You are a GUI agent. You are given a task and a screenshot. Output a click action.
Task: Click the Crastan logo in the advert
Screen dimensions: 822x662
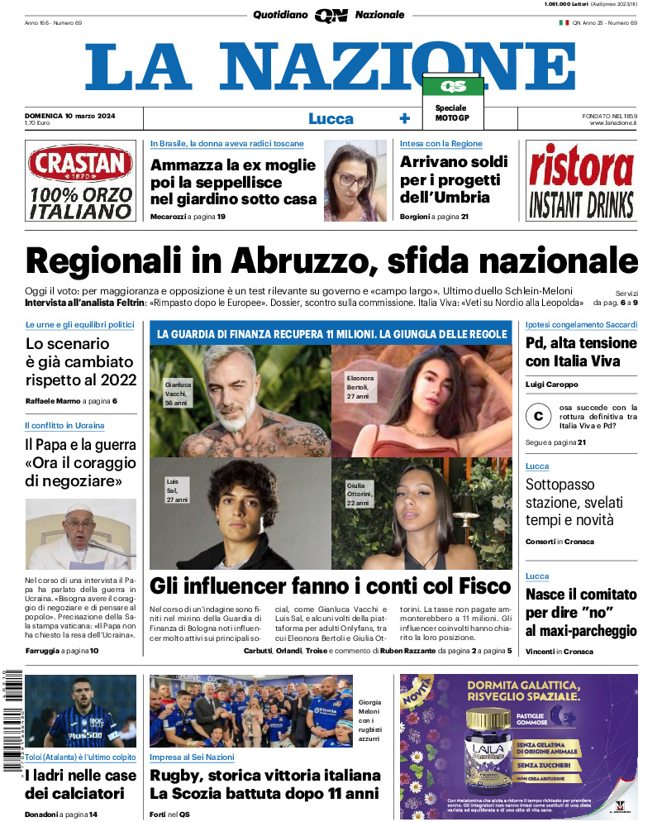coord(80,164)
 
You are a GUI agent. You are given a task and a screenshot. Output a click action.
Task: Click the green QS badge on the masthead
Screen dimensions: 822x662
coord(452,87)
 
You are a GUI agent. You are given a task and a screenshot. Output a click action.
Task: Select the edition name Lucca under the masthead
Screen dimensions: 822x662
coord(331,118)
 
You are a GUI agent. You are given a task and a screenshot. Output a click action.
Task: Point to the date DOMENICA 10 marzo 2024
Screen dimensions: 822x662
coord(69,115)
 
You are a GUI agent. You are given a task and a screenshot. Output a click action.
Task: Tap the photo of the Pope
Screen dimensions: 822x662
coord(80,534)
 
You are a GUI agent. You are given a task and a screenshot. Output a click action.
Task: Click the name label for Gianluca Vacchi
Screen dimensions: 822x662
coord(178,394)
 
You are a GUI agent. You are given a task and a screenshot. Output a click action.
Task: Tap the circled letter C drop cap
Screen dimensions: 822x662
coord(539,417)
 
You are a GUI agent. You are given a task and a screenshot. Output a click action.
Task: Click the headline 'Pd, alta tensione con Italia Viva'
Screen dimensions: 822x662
coord(581,351)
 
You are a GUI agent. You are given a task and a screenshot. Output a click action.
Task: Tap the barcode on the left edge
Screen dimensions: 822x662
coord(12,724)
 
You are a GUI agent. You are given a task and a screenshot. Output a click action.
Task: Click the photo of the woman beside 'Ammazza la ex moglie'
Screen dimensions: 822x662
coord(350,179)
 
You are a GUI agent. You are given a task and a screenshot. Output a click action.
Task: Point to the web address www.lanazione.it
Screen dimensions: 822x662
coord(613,123)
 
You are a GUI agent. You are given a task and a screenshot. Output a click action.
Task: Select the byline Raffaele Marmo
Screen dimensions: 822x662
coord(53,401)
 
